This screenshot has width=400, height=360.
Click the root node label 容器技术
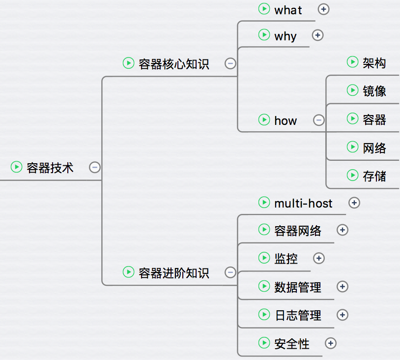(50, 168)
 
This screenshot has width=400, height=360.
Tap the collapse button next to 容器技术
(95, 168)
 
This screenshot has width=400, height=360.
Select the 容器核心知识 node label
(174, 64)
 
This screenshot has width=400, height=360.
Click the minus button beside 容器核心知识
(230, 63)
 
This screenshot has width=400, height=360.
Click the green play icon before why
(264, 35)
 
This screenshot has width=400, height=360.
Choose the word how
(286, 120)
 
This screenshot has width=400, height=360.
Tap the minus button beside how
(318, 120)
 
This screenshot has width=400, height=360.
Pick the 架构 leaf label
(374, 62)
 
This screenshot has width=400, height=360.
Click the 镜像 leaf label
(374, 91)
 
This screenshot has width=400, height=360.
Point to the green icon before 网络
(352, 147)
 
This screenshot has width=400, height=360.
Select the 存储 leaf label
(374, 176)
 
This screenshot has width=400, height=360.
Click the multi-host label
(303, 203)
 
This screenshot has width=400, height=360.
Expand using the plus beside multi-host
(354, 203)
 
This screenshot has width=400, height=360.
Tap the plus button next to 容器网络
(343, 230)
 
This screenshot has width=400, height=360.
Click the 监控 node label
(286, 259)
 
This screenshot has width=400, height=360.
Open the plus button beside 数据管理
(343, 287)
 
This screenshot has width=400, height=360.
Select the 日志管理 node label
(298, 315)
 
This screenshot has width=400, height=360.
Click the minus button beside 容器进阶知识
(230, 272)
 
